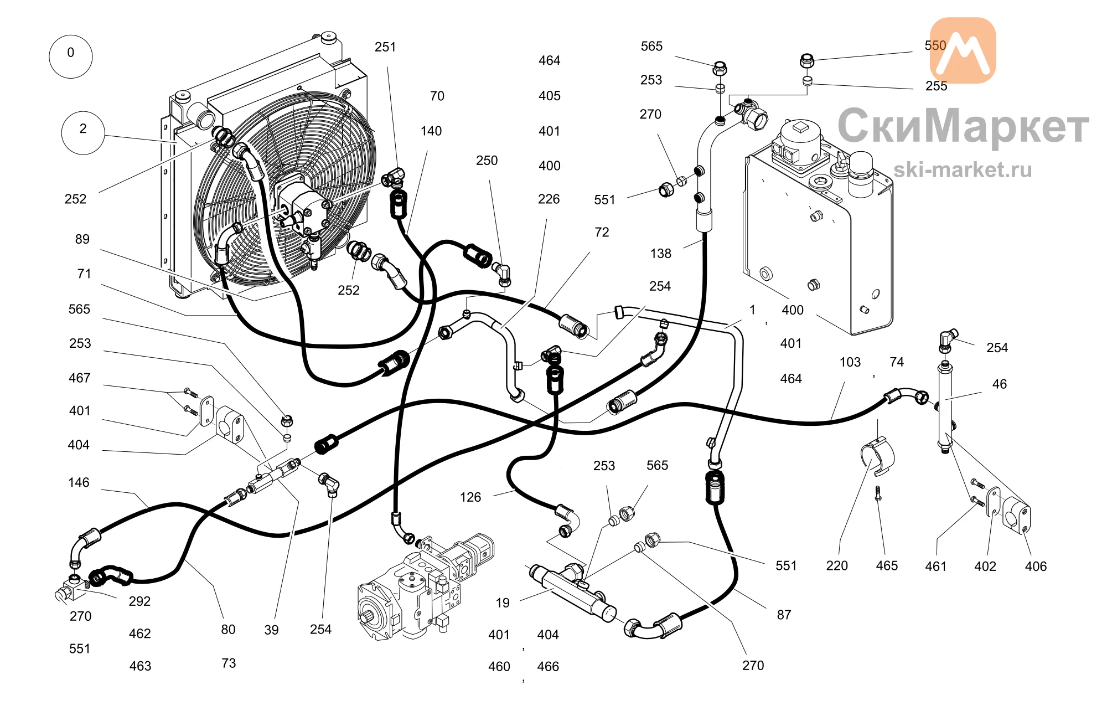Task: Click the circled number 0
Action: pos(70,56)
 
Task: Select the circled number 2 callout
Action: pos(82,132)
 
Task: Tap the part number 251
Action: pos(385,47)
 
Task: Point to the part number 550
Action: pos(935,45)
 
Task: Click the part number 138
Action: pos(660,254)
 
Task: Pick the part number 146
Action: pos(79,482)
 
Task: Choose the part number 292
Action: pos(139,601)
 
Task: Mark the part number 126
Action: pos(470,497)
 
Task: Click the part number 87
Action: pos(784,615)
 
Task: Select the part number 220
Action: pos(837,566)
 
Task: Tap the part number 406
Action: pos(1036,566)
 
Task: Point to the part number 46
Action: pos(1000,384)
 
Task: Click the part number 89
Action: pos(82,239)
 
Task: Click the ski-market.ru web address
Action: pos(963,169)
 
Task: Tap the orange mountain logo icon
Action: pos(963,50)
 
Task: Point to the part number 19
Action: pos(503,603)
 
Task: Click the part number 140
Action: pos(431,131)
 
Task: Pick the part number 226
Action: pos(549,199)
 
